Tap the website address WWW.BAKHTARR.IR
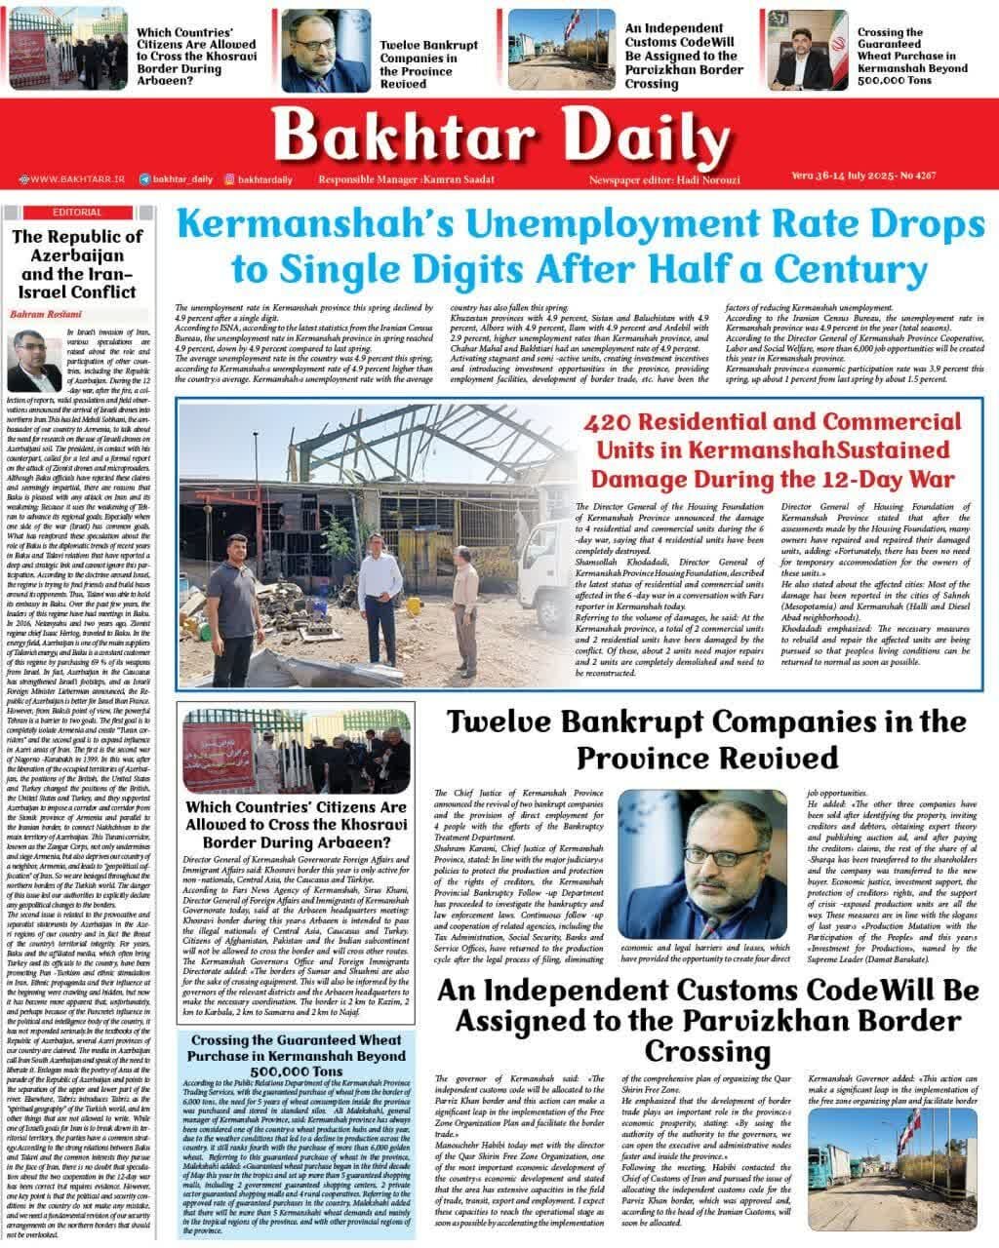(77, 179)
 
